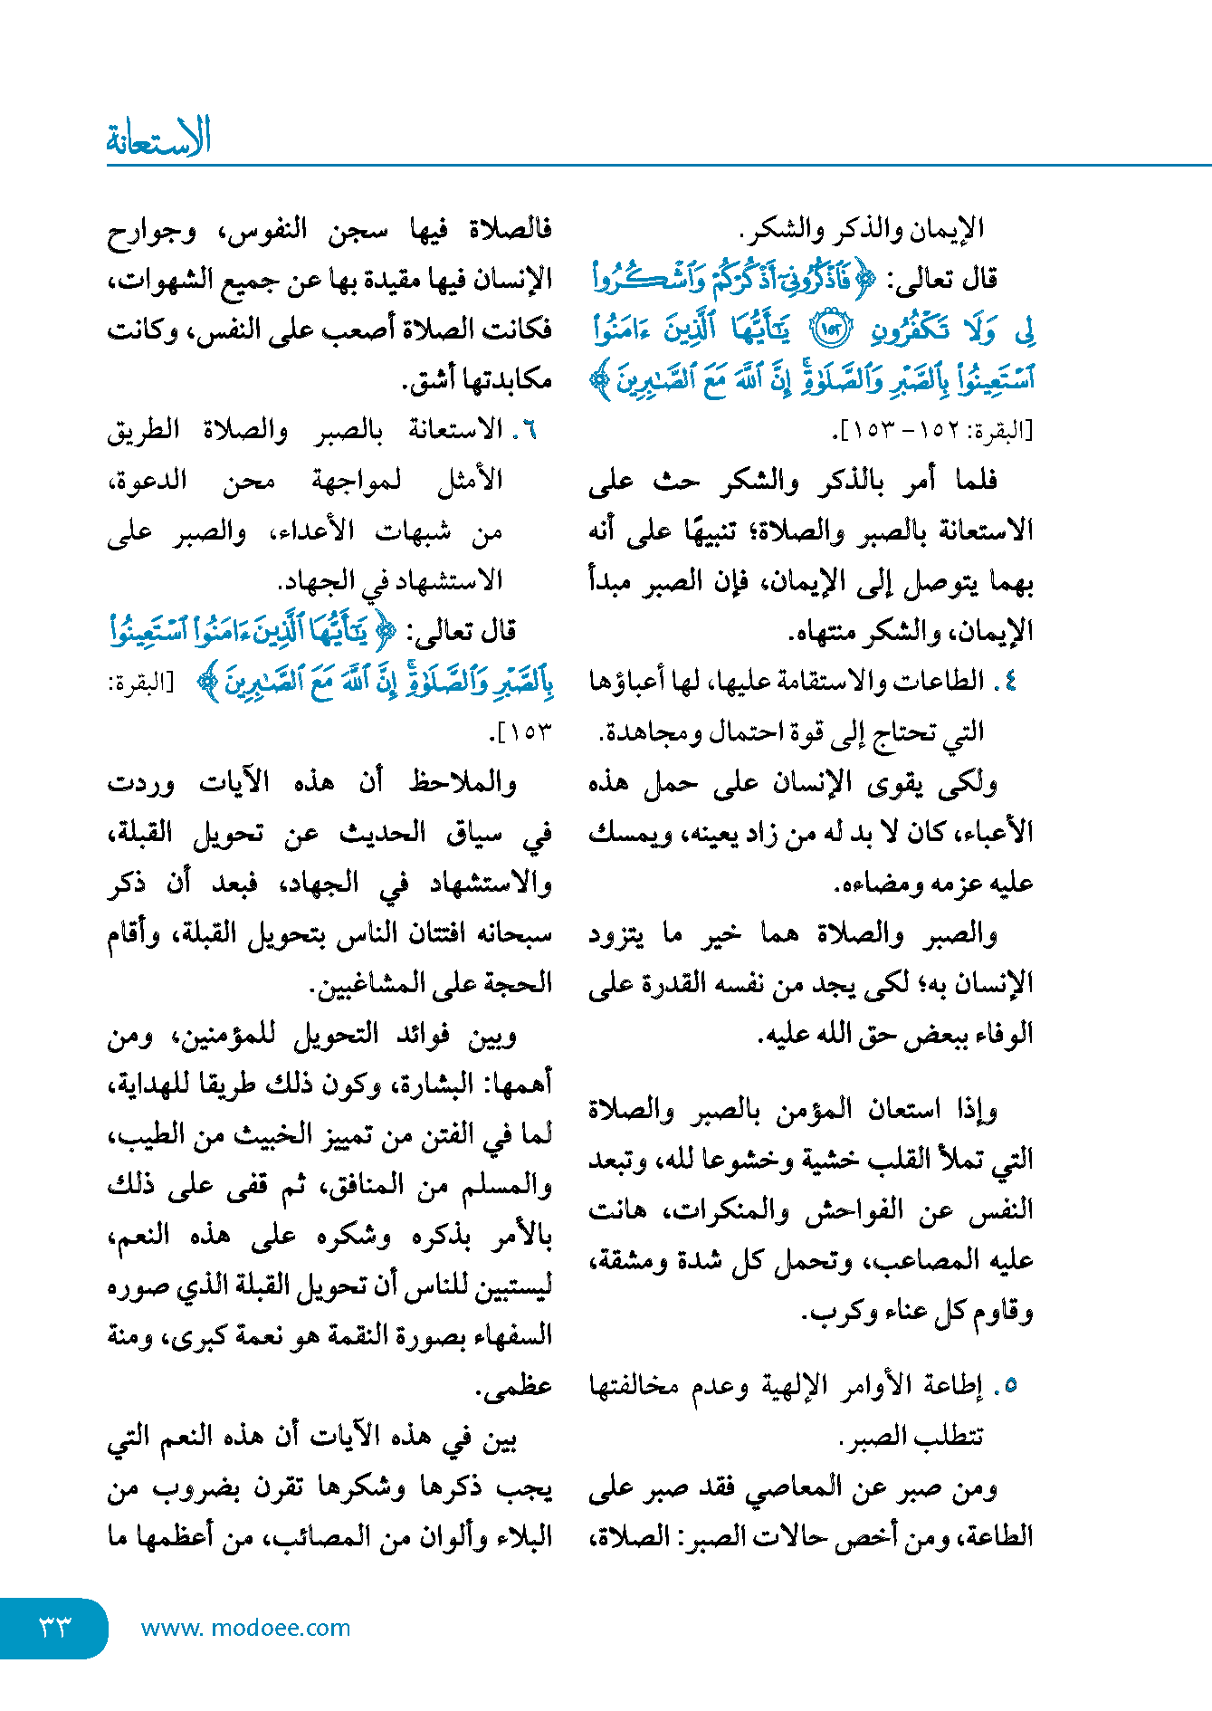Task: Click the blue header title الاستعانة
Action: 159,139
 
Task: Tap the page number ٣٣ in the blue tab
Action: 54,1627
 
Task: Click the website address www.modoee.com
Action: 245,1628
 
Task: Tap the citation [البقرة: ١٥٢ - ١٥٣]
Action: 932,431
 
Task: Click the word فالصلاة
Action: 511,229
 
